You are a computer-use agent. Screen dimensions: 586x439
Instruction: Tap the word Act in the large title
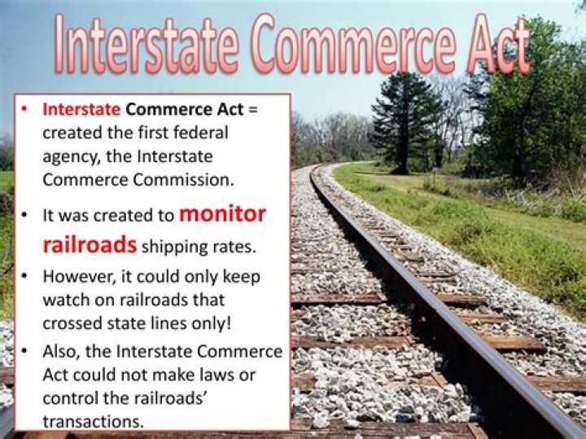499,44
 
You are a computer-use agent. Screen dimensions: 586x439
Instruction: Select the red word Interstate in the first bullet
81,110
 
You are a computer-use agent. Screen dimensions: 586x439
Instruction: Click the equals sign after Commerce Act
253,110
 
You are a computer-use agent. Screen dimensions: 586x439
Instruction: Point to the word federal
199,133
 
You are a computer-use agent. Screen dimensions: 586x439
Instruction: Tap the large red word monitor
223,214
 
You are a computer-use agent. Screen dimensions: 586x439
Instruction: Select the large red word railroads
90,245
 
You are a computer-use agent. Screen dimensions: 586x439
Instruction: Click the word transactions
93,422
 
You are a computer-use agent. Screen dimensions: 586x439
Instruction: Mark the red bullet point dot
24,109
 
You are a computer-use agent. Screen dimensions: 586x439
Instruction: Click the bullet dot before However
24,277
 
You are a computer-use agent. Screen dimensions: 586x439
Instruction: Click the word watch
66,301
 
